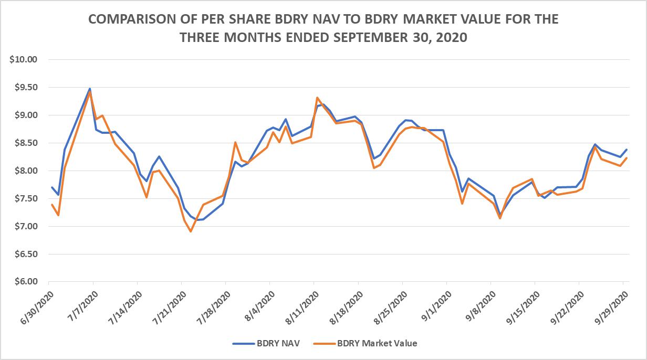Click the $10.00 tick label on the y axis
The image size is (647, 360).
tap(24, 59)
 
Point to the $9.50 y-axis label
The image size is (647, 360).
tap(26, 87)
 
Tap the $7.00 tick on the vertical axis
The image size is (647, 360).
tap(26, 226)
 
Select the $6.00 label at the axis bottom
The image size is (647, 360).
tap(26, 281)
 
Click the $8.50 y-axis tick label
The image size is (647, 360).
tap(26, 143)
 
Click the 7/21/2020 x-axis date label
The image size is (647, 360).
tap(170, 308)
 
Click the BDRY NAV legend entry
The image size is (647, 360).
tap(266, 343)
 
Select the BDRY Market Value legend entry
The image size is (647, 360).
tap(365, 343)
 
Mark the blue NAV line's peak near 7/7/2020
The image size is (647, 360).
tap(90, 89)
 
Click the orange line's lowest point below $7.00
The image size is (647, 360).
tap(191, 231)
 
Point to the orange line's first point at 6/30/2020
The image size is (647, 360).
tap(52, 205)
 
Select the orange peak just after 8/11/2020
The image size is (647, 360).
tap(317, 98)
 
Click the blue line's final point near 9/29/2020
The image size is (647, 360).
tap(627, 150)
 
